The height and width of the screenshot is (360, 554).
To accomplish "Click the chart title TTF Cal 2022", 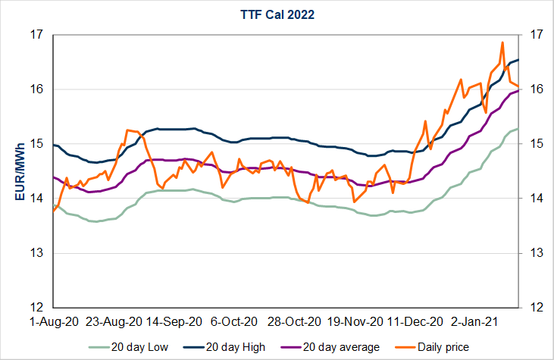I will [x=277, y=14].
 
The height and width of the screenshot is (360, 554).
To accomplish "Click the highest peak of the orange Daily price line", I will [x=502, y=42].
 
